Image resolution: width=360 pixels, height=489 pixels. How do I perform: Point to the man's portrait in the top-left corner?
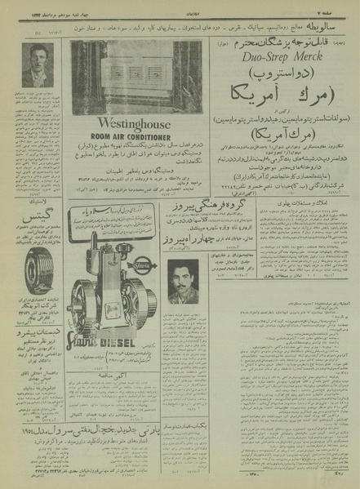coord(34,66)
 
